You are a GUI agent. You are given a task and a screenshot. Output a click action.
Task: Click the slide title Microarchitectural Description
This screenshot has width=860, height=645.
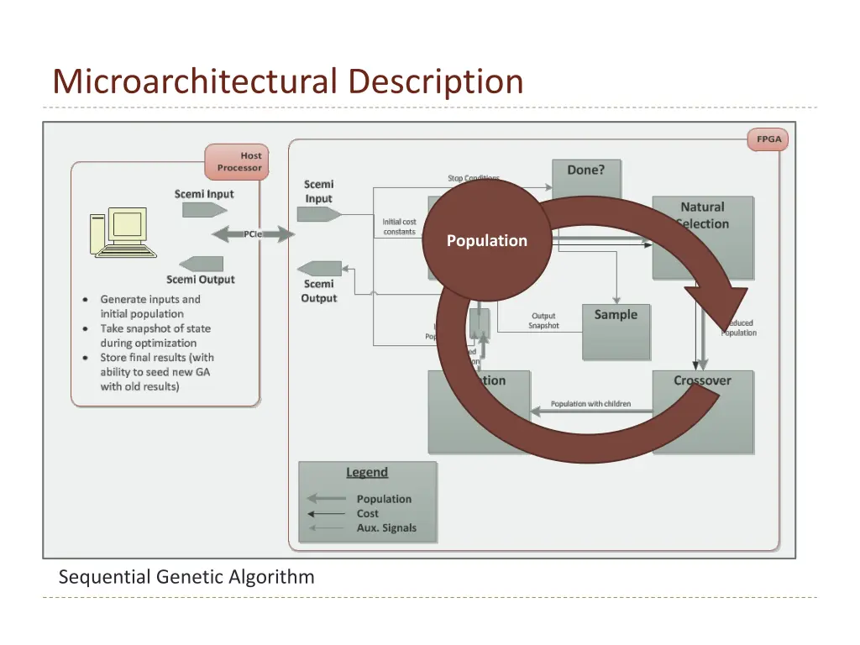(x=287, y=81)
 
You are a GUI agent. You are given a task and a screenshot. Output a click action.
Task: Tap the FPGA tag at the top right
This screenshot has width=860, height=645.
(x=768, y=139)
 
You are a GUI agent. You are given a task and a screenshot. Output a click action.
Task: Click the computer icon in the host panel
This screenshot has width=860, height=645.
(x=122, y=233)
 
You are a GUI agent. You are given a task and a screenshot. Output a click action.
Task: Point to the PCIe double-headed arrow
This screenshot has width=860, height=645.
(x=251, y=234)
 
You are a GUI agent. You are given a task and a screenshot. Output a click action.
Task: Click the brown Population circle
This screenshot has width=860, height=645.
(x=486, y=240)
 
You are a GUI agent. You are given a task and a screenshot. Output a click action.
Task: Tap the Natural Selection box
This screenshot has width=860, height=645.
(x=703, y=237)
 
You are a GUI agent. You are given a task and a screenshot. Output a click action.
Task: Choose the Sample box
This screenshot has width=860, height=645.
(x=616, y=332)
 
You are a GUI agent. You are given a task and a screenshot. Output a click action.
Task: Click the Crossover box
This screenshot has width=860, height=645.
(x=702, y=412)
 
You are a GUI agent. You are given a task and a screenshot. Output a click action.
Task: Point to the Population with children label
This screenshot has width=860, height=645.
(x=590, y=404)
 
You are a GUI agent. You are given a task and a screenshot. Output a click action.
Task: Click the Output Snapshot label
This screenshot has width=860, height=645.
(x=543, y=321)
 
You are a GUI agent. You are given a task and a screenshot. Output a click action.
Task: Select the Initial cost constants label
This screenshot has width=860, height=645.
(x=400, y=227)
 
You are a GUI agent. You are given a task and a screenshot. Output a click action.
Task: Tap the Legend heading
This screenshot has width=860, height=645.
(x=367, y=472)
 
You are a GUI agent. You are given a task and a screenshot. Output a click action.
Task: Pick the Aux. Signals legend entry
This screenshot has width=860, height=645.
(x=385, y=528)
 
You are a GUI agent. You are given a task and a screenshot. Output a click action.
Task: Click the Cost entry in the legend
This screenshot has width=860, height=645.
(x=368, y=513)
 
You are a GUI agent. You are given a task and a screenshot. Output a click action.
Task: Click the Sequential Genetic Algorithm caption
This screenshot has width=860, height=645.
(x=186, y=577)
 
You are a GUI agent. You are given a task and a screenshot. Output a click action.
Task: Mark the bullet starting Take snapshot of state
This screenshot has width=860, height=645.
(x=155, y=336)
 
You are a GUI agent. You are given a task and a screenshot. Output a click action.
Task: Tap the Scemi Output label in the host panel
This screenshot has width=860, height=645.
(x=200, y=280)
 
